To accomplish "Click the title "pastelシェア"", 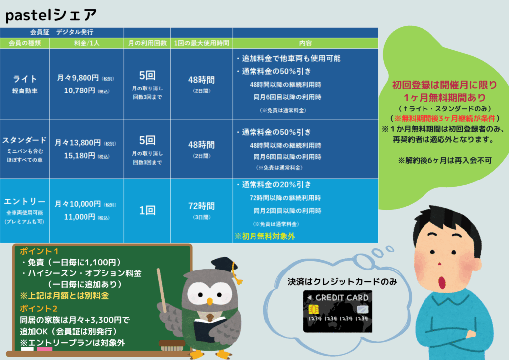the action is (x=51, y=15).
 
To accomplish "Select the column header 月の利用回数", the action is (x=147, y=43).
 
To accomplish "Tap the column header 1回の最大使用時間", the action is (x=202, y=43).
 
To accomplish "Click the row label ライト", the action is (x=25, y=79).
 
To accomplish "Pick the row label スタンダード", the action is (x=25, y=140).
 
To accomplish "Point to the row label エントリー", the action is (x=25, y=201).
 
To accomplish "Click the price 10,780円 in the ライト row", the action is (x=80, y=90).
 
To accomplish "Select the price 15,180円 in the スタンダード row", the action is (x=80, y=156).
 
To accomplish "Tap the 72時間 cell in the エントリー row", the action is (x=202, y=206).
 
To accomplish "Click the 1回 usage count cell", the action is (x=147, y=211).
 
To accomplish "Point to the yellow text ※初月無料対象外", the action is (x=264, y=236).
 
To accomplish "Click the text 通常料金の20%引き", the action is (x=276, y=184).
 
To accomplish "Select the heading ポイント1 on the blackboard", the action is (x=39, y=251).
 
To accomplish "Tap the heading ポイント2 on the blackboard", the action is (x=39, y=308).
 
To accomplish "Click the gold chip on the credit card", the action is (x=313, y=309).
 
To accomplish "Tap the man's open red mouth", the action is (x=442, y=282).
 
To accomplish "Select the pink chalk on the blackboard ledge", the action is (x=44, y=349).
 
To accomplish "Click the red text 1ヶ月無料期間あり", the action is (x=445, y=98).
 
